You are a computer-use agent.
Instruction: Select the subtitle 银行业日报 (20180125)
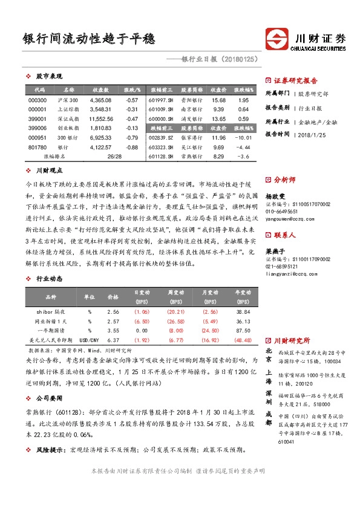pos(220,60)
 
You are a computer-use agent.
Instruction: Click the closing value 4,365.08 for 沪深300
pos(100,100)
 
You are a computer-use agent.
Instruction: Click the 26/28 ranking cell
pos(114,157)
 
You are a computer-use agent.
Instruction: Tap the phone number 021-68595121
pos(281,266)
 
